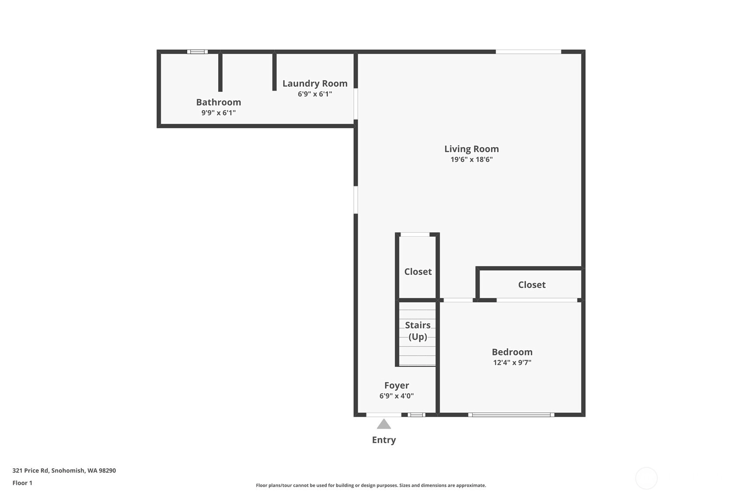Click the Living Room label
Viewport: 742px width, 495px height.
pos(471,149)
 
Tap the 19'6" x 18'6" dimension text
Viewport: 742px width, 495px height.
pos(471,159)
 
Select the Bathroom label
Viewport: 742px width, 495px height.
pos(219,102)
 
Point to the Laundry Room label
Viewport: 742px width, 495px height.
pos(315,84)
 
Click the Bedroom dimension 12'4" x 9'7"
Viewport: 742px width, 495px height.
pos(512,362)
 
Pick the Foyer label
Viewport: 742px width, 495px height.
pos(397,385)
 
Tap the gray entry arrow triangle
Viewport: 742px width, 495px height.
pos(384,424)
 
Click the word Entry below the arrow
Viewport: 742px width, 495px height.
pos(384,440)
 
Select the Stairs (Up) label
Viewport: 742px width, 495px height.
pos(418,331)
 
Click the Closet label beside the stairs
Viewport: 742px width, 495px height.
pos(418,272)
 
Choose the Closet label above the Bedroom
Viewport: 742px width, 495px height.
pos(532,285)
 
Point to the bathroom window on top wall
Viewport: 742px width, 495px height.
pos(198,52)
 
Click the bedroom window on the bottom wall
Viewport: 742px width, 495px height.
pos(511,415)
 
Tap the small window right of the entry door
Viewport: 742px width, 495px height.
pos(416,415)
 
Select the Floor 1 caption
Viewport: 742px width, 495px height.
pos(23,483)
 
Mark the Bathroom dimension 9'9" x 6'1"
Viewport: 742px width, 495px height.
pos(219,113)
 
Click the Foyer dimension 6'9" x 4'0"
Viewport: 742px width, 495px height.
pos(397,396)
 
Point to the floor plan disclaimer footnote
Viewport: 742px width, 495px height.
pos(371,485)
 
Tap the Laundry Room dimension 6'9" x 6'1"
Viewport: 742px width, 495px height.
pos(315,94)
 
